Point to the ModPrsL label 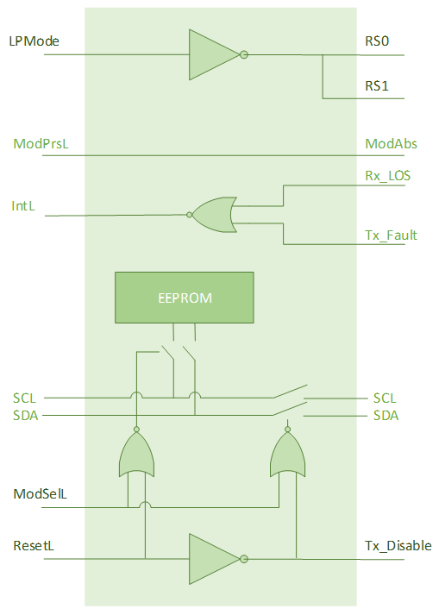41,144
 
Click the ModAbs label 390,144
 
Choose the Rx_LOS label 388,176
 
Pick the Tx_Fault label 392,235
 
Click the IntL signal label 24,207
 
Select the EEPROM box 185,298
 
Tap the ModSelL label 41,494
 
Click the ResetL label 34,546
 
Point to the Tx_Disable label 398,546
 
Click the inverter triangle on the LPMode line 213,54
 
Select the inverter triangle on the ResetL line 213,558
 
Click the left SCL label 25,398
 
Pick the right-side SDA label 385,416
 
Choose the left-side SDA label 25,416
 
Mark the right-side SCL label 385,398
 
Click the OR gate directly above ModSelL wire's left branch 137,455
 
